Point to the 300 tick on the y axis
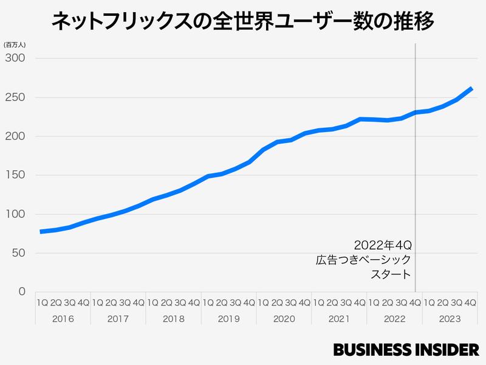[x=16, y=58]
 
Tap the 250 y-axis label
[x=16, y=97]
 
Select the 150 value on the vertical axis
[x=16, y=175]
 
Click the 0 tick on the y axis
[x=22, y=292]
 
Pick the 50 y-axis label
[x=18, y=253]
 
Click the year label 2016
[x=63, y=318]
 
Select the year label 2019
[x=228, y=318]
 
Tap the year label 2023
[x=449, y=318]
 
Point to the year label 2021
[x=339, y=318]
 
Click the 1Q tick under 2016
[x=42, y=302]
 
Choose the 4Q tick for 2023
[x=470, y=302]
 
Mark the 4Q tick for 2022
[x=415, y=302]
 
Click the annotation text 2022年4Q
[x=382, y=246]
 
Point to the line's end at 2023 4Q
[x=471, y=89]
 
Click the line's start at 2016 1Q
[x=41, y=231]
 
